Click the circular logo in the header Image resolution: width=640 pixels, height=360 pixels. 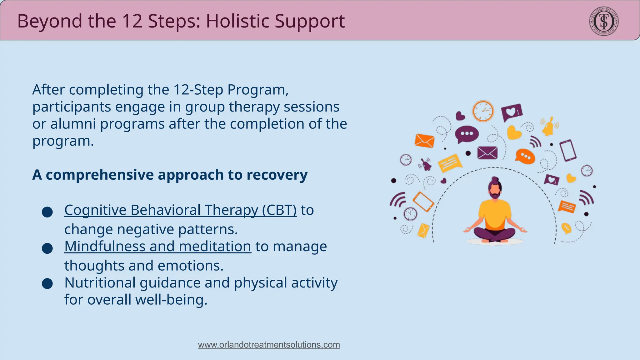pyautogui.click(x=604, y=21)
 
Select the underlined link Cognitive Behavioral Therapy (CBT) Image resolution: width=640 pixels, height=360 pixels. pyautogui.click(x=180, y=210)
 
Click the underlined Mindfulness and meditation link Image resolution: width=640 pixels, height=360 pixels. pyautogui.click(x=157, y=247)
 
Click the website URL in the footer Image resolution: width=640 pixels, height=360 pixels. pyautogui.click(x=269, y=345)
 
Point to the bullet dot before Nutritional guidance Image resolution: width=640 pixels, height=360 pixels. pyautogui.click(x=47, y=284)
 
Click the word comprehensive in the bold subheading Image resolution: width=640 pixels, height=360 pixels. pyautogui.click(x=100, y=175)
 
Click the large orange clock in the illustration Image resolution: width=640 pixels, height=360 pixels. pyautogui.click(x=483, y=111)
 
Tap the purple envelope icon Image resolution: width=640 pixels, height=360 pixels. pyautogui.click(x=487, y=153)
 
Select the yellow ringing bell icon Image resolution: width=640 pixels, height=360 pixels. pyautogui.click(x=549, y=127)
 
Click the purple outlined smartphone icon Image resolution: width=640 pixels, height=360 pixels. pyautogui.click(x=568, y=150)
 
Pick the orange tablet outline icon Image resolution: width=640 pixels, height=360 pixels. pyautogui.click(x=423, y=202)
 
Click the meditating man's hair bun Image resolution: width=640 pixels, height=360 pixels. pyautogui.click(x=495, y=180)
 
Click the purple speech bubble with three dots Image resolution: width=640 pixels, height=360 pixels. pyautogui.click(x=467, y=134)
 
